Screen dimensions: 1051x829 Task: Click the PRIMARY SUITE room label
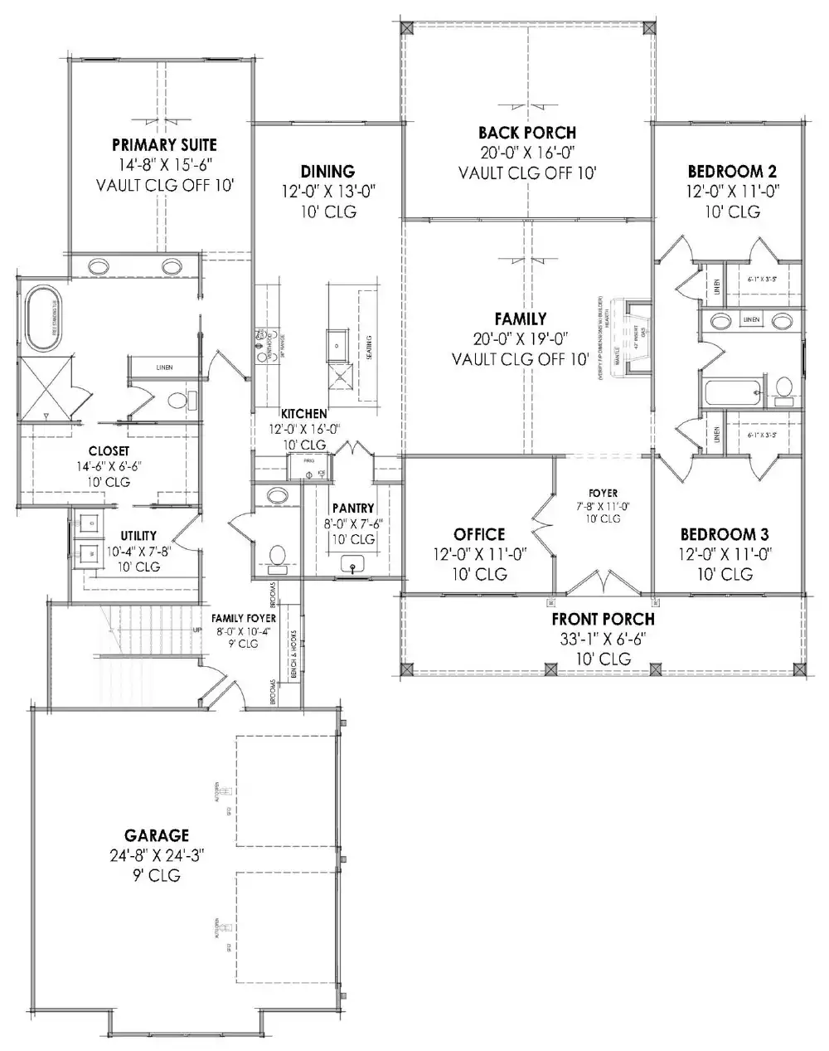[x=164, y=145]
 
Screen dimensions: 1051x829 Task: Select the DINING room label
[x=327, y=172]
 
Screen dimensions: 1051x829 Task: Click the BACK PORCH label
[x=526, y=133]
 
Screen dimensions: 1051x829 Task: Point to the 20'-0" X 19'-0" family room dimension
[x=521, y=339]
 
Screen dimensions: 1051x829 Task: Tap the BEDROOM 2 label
[x=732, y=172]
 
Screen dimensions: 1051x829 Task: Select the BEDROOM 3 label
[x=718, y=534]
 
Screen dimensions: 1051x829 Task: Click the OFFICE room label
[x=479, y=534]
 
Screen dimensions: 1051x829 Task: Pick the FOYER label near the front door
[x=604, y=493]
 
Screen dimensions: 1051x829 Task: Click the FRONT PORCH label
[x=603, y=619]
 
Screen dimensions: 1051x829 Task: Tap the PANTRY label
[x=353, y=508]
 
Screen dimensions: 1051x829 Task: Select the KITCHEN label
[x=303, y=413]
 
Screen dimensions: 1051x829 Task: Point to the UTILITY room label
[x=138, y=536]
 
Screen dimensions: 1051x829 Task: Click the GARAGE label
[x=157, y=835]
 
